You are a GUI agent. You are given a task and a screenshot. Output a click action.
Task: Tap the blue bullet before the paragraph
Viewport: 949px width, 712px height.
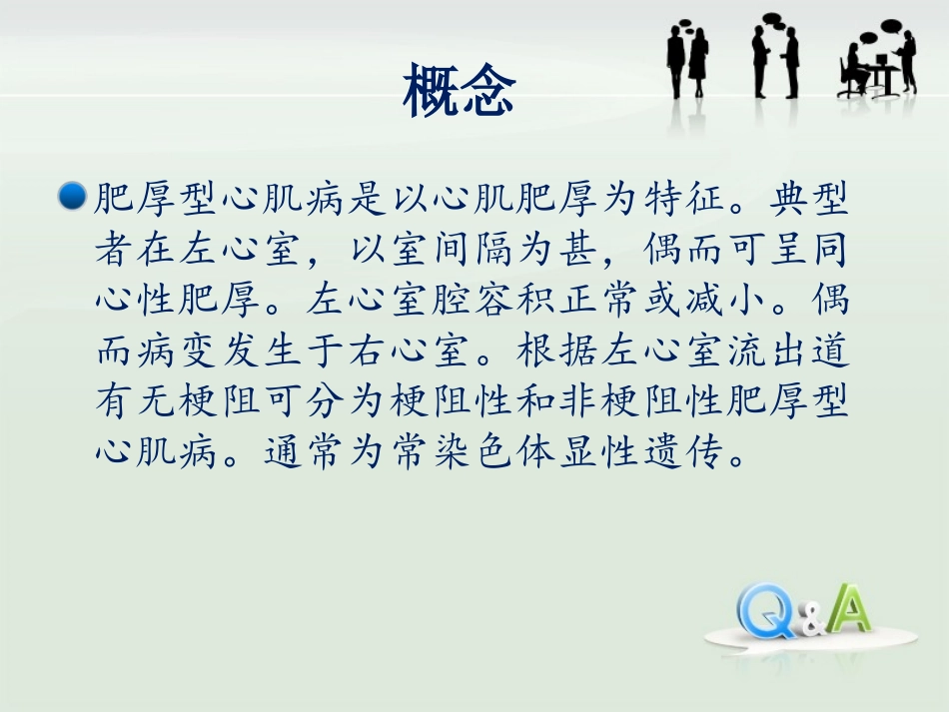point(73,197)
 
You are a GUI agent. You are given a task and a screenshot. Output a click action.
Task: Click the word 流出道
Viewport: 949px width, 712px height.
point(795,349)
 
